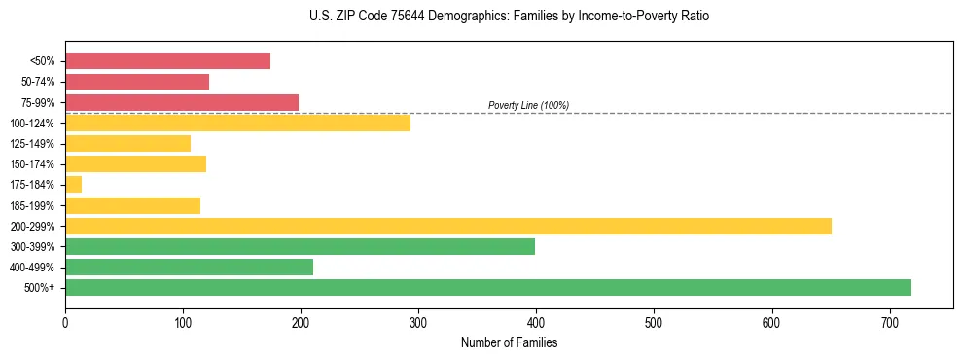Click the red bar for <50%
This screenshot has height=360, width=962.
tap(167, 61)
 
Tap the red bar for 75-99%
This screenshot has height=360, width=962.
tap(182, 102)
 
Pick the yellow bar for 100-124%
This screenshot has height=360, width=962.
tap(237, 123)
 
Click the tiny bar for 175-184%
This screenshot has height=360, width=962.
tap(73, 184)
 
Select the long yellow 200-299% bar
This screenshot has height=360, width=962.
tap(447, 226)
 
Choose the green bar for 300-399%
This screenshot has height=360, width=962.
tap(300, 246)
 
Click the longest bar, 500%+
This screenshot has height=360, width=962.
tap(487, 287)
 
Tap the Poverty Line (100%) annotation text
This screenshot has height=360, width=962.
tap(528, 105)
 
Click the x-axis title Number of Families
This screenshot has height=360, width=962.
tap(509, 342)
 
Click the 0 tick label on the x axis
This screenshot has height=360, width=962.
tap(65, 321)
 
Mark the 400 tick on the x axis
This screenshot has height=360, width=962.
tap(536, 321)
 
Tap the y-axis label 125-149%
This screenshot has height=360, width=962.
tap(33, 144)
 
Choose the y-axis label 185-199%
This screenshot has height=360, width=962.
tap(33, 205)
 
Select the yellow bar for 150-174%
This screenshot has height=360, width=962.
tap(135, 163)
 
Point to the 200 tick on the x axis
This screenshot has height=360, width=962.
tap(301, 321)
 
